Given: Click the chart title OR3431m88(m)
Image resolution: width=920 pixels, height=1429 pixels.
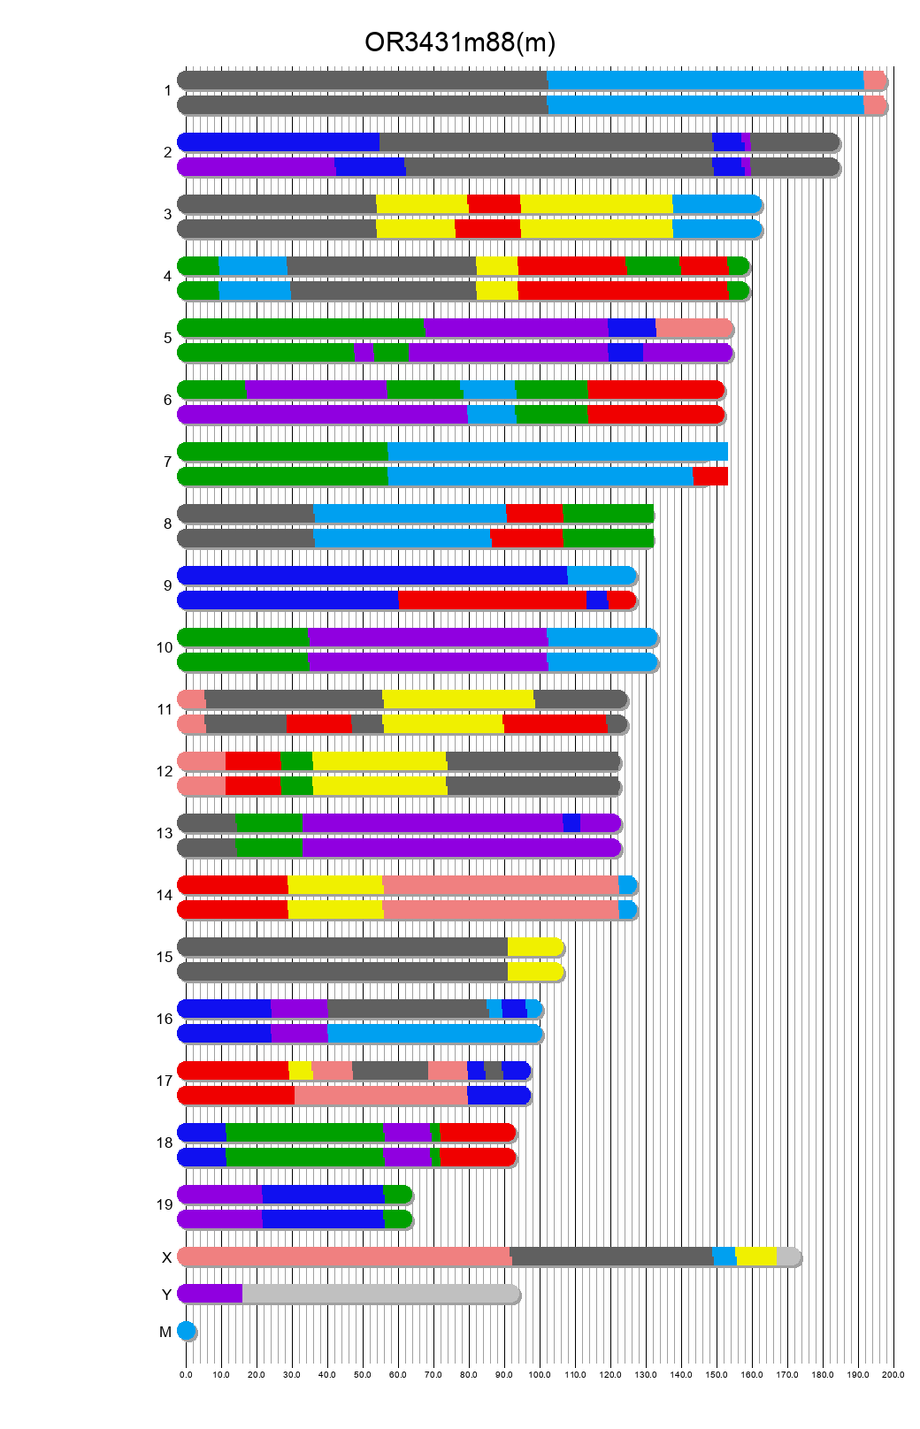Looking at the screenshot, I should (460, 42).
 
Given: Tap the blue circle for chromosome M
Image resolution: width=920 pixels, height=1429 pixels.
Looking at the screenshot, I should (186, 1331).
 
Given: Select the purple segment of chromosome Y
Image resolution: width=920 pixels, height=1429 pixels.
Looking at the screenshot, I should (211, 1294).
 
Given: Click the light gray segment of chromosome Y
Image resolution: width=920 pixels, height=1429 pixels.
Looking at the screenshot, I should (380, 1294).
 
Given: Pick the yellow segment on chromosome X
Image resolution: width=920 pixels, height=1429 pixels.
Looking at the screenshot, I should (755, 1257).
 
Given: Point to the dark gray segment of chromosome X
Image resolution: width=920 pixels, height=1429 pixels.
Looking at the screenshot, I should (611, 1257).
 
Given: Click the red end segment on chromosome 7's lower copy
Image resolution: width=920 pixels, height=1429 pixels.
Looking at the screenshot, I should (710, 477).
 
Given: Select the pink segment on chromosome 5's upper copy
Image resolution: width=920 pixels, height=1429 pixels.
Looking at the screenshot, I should (694, 328).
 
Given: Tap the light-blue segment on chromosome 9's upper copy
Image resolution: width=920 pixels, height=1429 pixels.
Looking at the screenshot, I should (601, 576).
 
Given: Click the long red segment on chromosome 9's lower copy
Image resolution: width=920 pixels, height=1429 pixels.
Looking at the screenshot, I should (492, 600).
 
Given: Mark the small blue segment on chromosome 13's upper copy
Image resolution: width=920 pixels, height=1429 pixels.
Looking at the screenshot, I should (571, 823).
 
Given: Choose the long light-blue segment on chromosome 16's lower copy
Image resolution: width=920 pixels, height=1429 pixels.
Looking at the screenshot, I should (434, 1034).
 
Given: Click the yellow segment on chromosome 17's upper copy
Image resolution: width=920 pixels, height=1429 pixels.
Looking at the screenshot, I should (300, 1071).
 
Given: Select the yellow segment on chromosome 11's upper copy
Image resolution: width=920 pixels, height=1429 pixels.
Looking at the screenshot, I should (458, 699).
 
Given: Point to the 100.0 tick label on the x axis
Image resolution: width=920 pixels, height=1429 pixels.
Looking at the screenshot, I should (540, 1375).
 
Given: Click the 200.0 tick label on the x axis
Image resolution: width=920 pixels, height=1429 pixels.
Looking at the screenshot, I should (893, 1375).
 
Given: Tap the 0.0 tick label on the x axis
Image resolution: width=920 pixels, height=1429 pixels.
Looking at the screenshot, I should (186, 1375).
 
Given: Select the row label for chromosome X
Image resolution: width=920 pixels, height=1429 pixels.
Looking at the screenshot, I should (166, 1257).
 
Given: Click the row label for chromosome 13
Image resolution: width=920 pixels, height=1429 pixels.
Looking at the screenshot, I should (165, 833).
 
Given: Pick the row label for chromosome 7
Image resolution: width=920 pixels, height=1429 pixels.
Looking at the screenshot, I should (167, 462).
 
